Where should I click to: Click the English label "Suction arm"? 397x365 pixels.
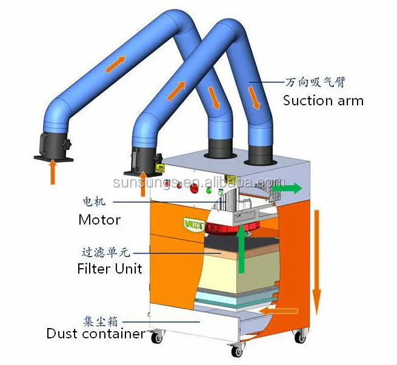323,100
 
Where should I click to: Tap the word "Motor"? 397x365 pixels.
99,220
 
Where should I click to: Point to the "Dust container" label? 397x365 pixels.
96,334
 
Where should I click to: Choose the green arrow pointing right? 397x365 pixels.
285,188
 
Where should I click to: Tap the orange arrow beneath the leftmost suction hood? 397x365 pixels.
53,171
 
